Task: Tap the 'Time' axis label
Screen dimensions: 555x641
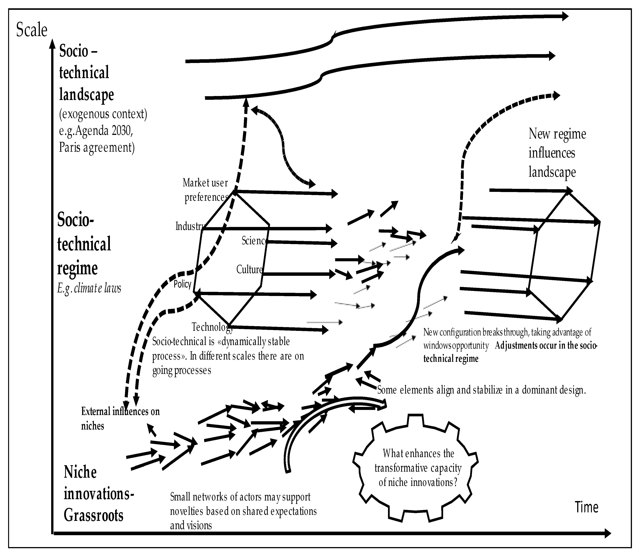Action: [x=586, y=507]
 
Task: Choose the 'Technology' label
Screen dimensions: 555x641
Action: [x=212, y=327]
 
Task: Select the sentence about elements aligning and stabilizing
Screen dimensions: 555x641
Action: [x=481, y=390]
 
